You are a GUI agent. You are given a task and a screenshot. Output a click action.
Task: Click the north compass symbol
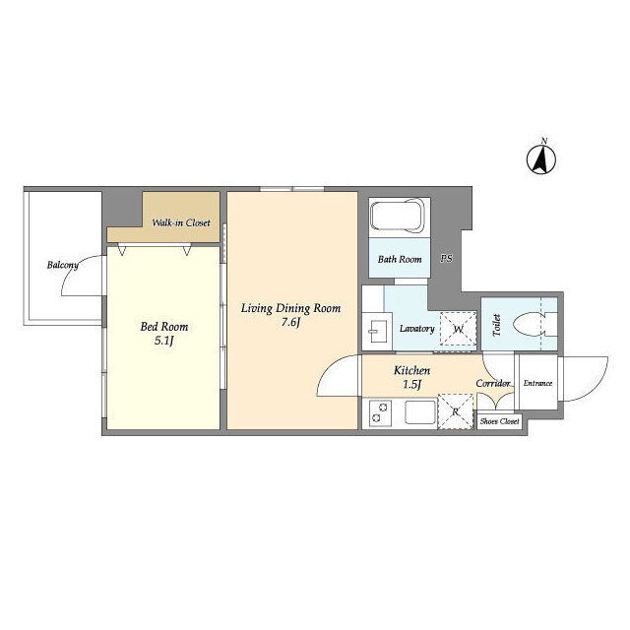pos(541,159)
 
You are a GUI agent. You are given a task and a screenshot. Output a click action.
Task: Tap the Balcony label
pos(63,265)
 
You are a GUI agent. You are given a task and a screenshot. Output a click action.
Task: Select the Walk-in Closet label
pos(181,222)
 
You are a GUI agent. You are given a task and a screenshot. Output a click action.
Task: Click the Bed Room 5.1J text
pos(164,334)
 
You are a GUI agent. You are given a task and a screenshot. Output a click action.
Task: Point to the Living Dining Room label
pos(290,308)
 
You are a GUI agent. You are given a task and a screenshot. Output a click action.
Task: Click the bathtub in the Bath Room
pos(397,216)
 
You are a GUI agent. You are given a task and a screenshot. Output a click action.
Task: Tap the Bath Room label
pos(400,259)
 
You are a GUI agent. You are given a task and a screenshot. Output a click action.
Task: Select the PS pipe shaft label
pos(446,258)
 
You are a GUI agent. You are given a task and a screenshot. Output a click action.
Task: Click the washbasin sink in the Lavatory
pos(378,332)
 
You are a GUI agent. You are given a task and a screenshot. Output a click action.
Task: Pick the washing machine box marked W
pos(459,329)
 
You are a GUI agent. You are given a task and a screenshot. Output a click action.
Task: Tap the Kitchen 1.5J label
pos(411,377)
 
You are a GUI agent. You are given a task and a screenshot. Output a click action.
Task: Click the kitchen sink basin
pos(420,412)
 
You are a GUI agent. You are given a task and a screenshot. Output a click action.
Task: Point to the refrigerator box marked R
pos(456,411)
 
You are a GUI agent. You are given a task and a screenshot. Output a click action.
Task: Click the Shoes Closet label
pos(499,421)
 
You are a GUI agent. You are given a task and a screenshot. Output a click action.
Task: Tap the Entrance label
pos(537,383)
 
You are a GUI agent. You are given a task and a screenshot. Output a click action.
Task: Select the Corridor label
pos(493,383)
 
